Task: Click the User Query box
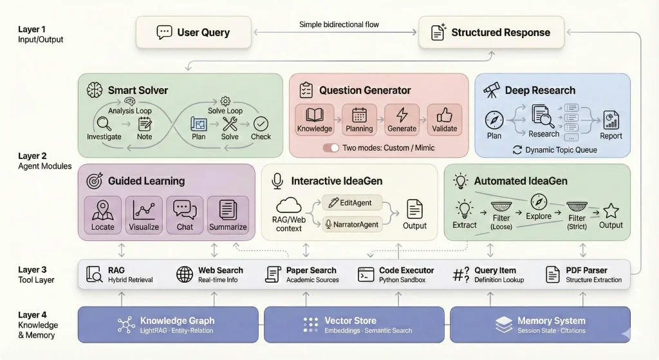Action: point(192,32)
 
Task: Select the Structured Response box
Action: point(492,32)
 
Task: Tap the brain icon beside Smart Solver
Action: point(93,90)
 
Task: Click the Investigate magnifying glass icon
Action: point(104,123)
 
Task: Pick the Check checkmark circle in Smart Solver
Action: point(261,123)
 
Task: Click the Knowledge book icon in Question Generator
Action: point(315,116)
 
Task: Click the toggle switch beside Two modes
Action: point(331,147)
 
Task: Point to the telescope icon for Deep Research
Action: point(492,90)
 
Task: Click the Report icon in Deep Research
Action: point(611,120)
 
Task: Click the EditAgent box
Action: point(352,202)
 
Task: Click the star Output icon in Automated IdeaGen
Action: point(611,211)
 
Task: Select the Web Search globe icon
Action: point(185,275)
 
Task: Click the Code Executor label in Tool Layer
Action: point(405,270)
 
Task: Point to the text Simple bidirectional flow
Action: point(339,24)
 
